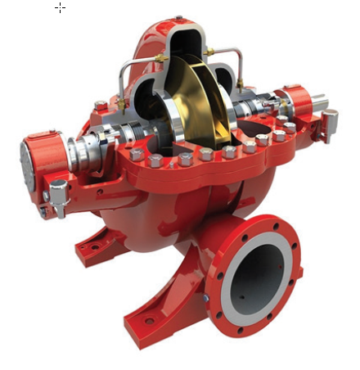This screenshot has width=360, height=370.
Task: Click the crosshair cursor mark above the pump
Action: pos(60,8)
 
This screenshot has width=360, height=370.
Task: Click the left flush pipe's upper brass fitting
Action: pos(162,59)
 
